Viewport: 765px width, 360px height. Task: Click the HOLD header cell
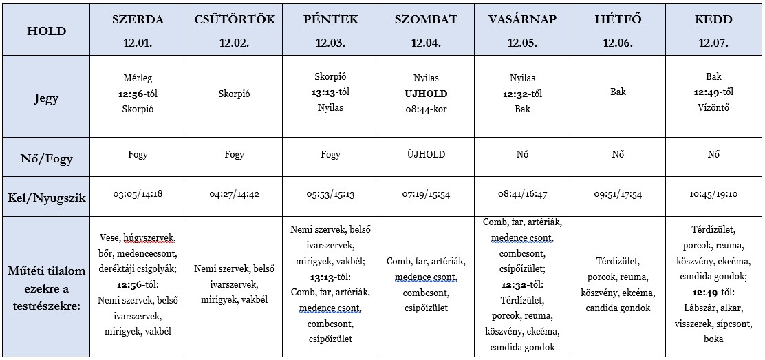(x=46, y=31)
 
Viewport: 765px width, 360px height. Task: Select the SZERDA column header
(x=138, y=19)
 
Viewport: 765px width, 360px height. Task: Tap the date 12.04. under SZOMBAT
(x=427, y=43)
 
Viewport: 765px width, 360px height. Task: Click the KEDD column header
(x=713, y=19)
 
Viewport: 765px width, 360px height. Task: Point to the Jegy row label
(x=46, y=98)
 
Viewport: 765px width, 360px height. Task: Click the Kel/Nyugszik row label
(x=46, y=198)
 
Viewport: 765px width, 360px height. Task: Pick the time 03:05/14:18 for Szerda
(x=138, y=194)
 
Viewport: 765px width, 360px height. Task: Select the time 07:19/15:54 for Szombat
(x=427, y=195)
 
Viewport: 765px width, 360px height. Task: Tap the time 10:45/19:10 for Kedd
(x=713, y=195)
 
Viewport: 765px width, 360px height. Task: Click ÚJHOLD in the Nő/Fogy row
(x=427, y=155)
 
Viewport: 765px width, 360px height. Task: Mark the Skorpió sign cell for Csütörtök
(x=234, y=94)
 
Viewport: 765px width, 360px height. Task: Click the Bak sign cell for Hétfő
(x=618, y=92)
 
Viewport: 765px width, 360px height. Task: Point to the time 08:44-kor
(x=427, y=108)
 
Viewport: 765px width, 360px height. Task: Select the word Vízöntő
(x=713, y=107)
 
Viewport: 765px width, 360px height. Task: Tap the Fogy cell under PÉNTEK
(x=330, y=155)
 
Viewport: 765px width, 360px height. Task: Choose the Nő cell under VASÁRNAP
(x=522, y=155)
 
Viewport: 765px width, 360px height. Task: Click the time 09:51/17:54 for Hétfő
(x=618, y=195)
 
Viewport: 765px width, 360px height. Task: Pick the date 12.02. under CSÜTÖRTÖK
(x=234, y=43)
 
